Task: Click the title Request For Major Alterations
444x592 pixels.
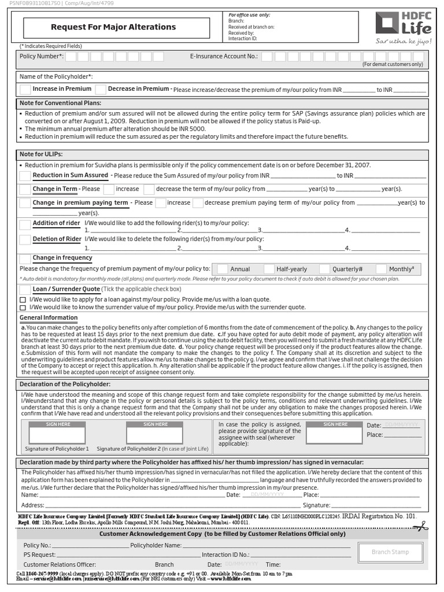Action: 113,27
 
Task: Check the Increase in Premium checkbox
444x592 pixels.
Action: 25,89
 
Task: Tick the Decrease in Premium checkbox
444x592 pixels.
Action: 101,89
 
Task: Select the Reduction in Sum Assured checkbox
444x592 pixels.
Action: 25,175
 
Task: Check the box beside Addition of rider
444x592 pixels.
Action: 25,224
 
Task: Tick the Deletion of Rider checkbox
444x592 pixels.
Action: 25,239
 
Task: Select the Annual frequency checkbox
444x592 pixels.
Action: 222,269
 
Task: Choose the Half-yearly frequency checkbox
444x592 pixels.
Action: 269,269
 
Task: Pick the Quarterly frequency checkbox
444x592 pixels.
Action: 324,269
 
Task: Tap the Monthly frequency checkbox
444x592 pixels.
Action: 381,269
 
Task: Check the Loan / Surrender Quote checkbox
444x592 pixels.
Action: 25,289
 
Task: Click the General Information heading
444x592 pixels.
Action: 49,318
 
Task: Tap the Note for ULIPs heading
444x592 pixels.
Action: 41,154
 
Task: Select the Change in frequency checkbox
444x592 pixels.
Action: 25,258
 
